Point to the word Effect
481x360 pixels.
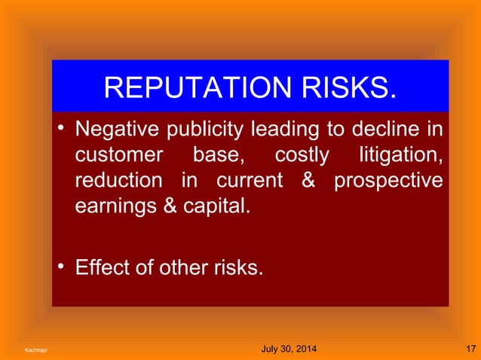tap(101, 267)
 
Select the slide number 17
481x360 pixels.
tap(470, 349)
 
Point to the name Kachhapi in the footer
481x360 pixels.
tap(34, 350)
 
